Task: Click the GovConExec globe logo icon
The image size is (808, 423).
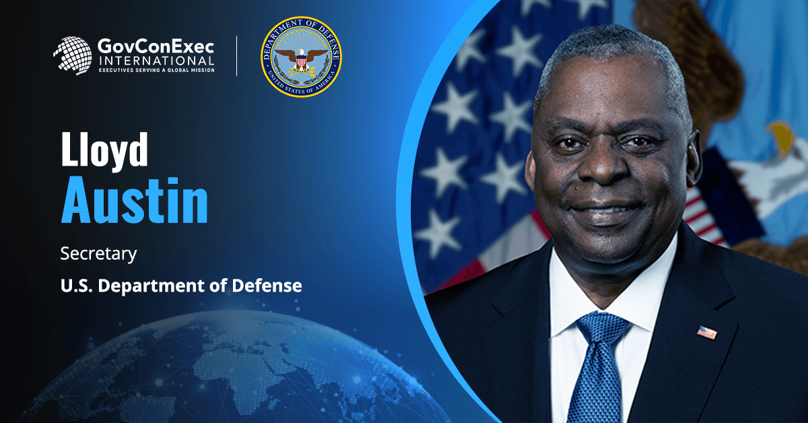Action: [72, 55]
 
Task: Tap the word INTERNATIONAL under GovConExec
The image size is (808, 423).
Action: [156, 61]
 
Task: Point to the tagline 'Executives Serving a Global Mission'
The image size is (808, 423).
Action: [156, 70]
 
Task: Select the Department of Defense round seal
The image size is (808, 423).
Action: [301, 57]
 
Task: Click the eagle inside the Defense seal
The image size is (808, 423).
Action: [301, 59]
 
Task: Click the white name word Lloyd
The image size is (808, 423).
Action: [104, 152]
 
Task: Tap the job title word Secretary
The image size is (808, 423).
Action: [98, 254]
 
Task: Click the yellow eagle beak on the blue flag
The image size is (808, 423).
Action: [781, 134]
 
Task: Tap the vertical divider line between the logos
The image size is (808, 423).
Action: [237, 57]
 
